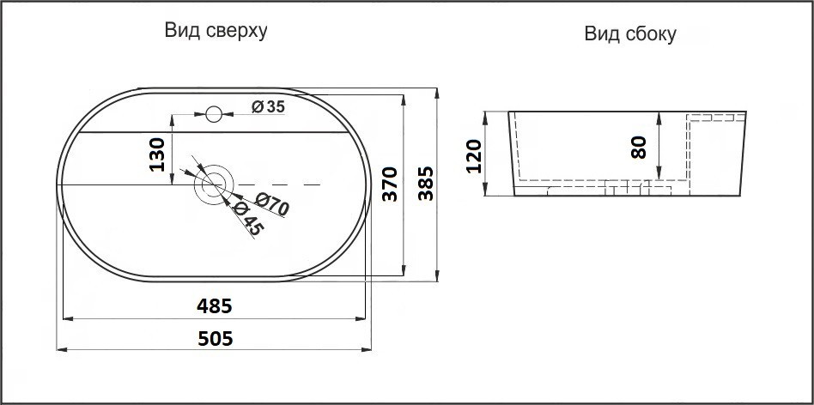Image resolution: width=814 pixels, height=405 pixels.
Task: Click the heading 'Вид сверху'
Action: coord(216,32)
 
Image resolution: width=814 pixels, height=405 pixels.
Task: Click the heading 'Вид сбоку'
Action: coord(630,34)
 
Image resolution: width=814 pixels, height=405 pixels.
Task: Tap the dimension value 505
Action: coord(215,338)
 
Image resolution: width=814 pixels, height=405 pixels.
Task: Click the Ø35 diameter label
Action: coord(268,106)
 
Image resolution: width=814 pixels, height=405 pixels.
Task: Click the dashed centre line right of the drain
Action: coord(283,184)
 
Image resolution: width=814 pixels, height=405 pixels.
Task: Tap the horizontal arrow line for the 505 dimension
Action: coord(129,349)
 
